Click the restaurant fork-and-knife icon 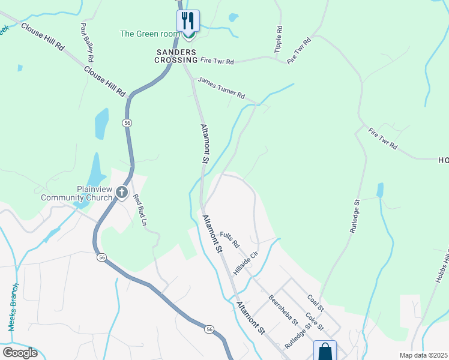(188, 20)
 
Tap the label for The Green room (149, 34)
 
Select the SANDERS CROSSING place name (176, 56)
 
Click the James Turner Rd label (221, 88)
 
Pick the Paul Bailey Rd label (88, 43)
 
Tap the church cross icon (122, 193)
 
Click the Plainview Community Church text (76, 193)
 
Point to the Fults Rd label (230, 240)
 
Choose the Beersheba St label (283, 308)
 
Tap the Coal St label (315, 302)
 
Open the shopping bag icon (325, 350)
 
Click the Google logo (20, 353)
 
